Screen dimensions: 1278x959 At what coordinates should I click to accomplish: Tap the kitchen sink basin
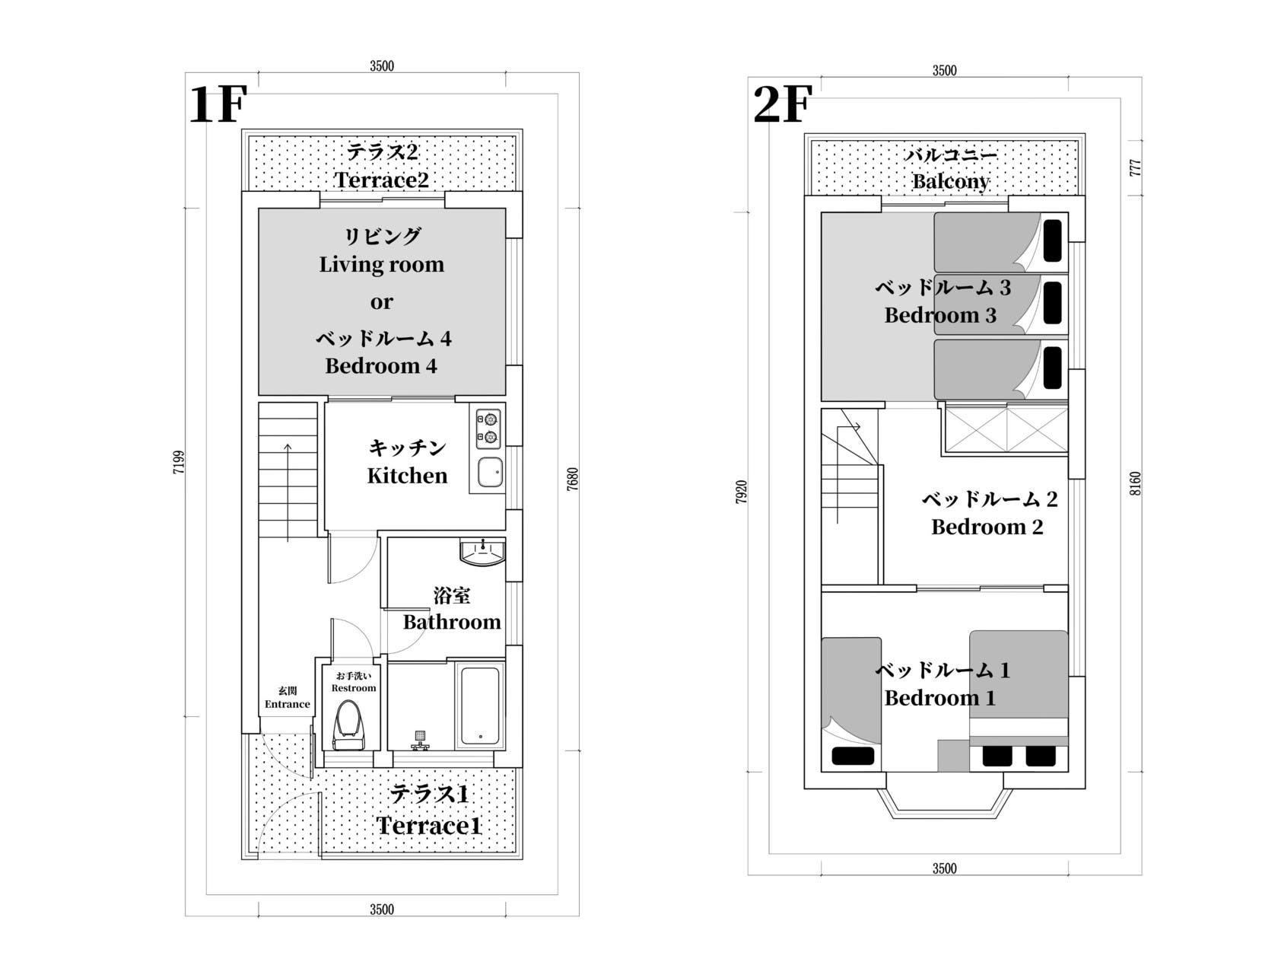(490, 472)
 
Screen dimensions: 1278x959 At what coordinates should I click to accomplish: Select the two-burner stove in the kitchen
(488, 429)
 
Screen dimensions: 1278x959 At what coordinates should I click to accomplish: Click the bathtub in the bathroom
(480, 706)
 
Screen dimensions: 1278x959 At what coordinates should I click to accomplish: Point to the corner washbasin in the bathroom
(482, 553)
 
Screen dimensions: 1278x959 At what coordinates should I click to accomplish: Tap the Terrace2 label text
(381, 180)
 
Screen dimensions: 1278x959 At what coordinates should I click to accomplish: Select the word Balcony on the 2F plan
(950, 182)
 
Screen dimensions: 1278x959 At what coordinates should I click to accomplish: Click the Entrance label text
(287, 704)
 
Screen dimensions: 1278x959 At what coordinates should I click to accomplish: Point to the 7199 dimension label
(179, 462)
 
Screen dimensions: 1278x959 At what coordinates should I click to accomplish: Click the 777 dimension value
(1135, 168)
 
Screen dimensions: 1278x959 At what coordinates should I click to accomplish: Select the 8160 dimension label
(1135, 483)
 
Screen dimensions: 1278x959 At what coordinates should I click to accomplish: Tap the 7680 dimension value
(572, 479)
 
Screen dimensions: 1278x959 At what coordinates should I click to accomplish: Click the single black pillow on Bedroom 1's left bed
(853, 756)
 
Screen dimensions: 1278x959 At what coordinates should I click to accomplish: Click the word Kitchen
(407, 476)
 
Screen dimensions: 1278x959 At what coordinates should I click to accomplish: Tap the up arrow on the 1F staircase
(288, 492)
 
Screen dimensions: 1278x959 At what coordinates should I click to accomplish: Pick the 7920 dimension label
(741, 492)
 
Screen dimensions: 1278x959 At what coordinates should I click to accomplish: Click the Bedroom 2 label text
(987, 527)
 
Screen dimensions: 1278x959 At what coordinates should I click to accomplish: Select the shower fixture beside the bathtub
(420, 741)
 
